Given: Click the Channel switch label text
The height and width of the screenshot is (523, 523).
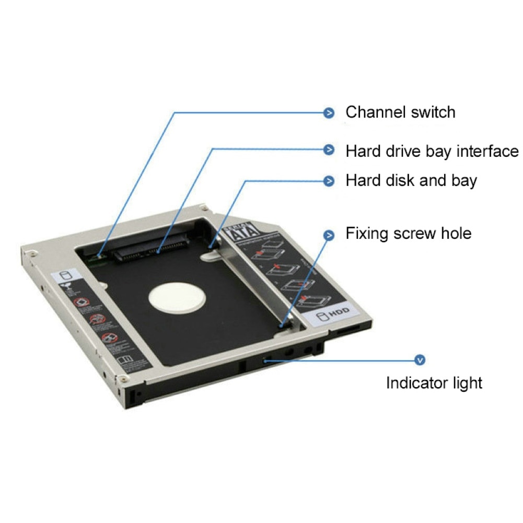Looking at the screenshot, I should (400, 112).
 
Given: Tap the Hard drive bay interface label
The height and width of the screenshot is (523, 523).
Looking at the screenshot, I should (432, 152).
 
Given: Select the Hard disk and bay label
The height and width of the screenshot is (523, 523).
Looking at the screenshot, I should (411, 181).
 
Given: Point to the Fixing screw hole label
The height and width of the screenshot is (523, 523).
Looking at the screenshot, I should (408, 233).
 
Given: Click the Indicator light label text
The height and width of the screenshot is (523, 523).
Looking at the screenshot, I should (434, 382).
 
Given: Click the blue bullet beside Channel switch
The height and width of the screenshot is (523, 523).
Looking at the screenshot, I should (329, 112).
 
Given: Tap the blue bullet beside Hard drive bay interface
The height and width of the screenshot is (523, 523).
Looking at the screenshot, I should (329, 150).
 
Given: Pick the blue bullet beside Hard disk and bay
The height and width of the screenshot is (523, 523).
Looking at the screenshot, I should (329, 181).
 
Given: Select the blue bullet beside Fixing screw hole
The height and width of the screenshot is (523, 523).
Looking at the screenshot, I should (329, 235).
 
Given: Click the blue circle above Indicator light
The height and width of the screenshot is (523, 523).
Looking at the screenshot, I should (419, 360).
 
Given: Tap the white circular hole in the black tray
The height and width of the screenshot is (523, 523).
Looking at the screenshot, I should (176, 299).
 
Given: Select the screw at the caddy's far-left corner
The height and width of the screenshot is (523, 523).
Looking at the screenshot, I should (33, 254).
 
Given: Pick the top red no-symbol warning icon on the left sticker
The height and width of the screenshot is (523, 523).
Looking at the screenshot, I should (80, 303).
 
